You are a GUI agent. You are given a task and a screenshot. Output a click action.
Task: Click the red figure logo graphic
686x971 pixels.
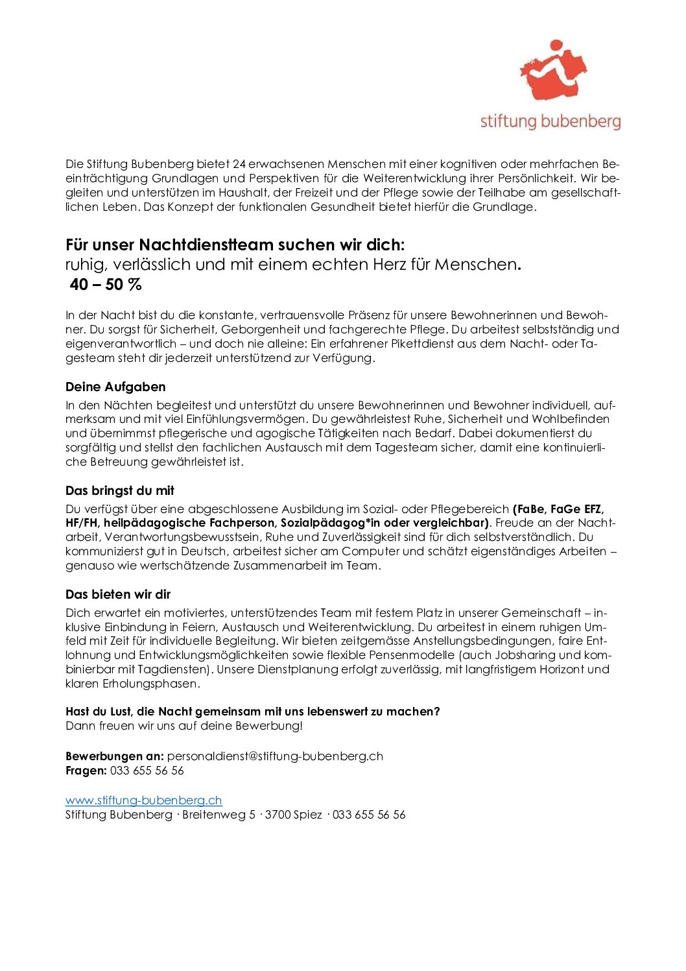pyautogui.click(x=552, y=71)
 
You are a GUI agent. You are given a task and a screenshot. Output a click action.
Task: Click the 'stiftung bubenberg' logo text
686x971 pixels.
pyautogui.click(x=550, y=121)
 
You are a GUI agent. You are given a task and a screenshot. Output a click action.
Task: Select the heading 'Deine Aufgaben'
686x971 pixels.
pyautogui.click(x=115, y=387)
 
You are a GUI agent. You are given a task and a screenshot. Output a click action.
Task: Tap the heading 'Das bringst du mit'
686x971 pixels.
pyautogui.click(x=120, y=491)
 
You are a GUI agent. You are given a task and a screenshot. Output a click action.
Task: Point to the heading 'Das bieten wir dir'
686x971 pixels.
pyautogui.click(x=118, y=595)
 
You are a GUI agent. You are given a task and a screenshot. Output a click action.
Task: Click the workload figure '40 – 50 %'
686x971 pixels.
pyautogui.click(x=106, y=285)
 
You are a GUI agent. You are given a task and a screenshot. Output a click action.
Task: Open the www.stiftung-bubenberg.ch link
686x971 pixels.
pyautogui.click(x=144, y=800)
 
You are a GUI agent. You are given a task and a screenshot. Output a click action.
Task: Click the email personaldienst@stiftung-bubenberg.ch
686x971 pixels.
pyautogui.click(x=275, y=756)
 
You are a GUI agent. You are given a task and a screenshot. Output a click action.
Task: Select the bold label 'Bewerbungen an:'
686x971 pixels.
pyautogui.click(x=115, y=756)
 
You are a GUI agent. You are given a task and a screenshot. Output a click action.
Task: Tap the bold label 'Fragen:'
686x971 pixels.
pyautogui.click(x=86, y=771)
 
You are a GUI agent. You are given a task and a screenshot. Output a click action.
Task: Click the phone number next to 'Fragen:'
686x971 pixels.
pyautogui.click(x=147, y=771)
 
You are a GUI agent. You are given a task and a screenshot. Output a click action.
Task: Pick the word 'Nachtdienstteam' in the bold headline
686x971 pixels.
pyautogui.click(x=206, y=245)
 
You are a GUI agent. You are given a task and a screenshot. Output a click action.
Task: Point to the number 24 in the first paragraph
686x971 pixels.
pyautogui.click(x=239, y=164)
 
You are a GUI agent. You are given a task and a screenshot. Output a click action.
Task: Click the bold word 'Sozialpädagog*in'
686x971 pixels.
pyautogui.click(x=331, y=523)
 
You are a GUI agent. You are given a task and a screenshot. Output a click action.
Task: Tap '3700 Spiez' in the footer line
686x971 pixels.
pyautogui.click(x=293, y=815)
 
